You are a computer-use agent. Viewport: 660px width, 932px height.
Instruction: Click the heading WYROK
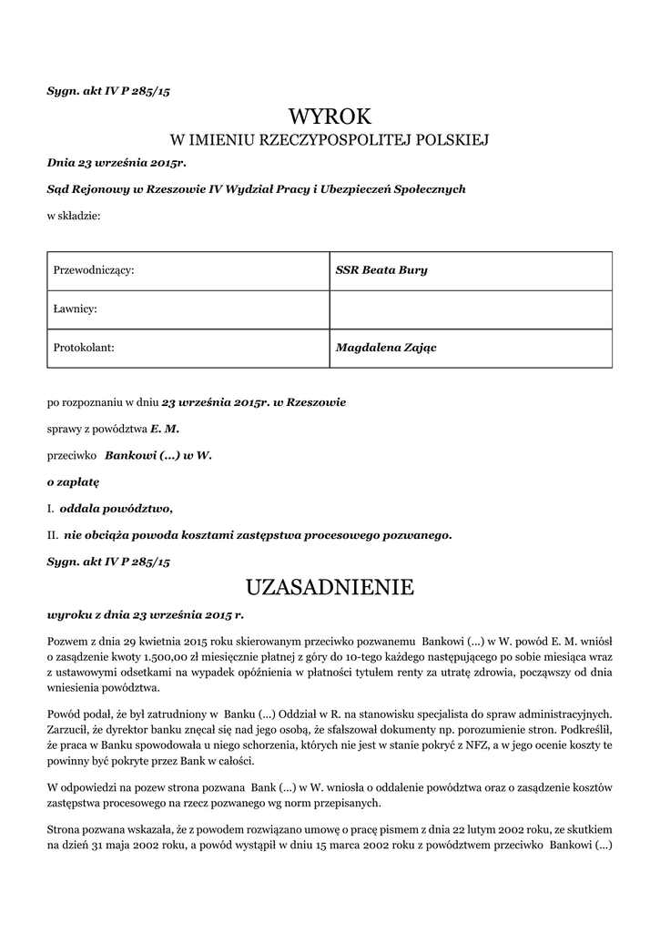coord(330,116)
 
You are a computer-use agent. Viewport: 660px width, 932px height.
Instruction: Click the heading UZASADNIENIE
coord(330,587)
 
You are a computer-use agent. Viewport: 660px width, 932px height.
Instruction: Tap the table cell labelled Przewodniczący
coord(188,270)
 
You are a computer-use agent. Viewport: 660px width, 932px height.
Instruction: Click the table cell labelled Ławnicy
coord(188,309)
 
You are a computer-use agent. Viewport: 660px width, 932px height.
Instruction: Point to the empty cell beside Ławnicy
coord(470,309)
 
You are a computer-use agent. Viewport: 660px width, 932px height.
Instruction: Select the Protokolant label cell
coord(188,347)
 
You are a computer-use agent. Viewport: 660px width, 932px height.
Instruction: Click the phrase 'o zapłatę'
coord(73,481)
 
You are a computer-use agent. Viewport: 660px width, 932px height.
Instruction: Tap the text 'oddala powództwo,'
coord(116,508)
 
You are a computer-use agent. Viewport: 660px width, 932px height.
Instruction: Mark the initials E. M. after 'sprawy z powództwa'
coord(165,428)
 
